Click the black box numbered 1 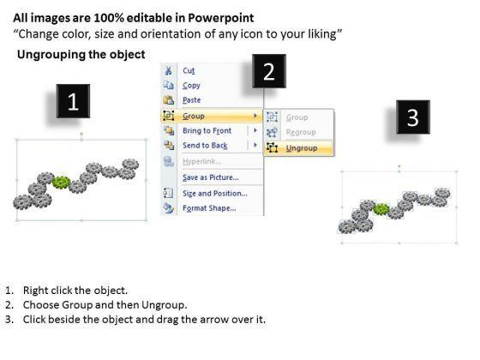coord(73,101)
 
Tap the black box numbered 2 coord(269,71)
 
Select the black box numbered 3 coord(413,117)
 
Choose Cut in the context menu coord(189,70)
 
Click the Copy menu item coord(191,86)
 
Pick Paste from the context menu coord(192,100)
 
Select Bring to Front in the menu coord(207,130)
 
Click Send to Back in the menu coord(205,146)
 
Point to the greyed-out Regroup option coord(301,132)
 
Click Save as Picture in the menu coord(211,177)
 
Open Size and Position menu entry coord(214,194)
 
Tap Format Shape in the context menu coord(209,208)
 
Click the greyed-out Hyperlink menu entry coord(202,161)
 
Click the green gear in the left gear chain coord(61,183)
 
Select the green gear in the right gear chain coord(381,209)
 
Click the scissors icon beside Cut coord(168,70)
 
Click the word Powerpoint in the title coord(221,18)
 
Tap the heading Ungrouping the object coord(81,55)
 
